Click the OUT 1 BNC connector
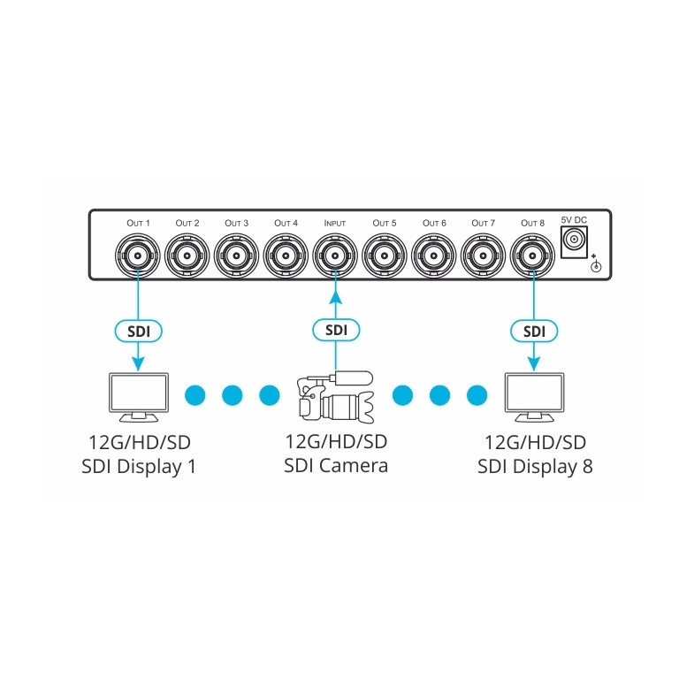click(x=138, y=256)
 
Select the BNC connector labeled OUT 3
click(x=236, y=256)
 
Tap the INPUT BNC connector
click(x=334, y=256)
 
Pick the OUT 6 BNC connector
click(x=432, y=256)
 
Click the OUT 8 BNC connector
click(x=531, y=256)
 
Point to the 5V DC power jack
click(x=576, y=240)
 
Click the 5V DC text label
click(x=575, y=217)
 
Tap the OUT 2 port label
click(x=187, y=223)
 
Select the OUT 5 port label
click(x=384, y=223)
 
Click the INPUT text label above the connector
click(x=334, y=223)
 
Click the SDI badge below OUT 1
click(x=138, y=330)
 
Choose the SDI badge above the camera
click(x=335, y=330)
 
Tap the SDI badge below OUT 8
click(x=532, y=330)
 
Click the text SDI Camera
click(x=336, y=465)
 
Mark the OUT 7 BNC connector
click(x=482, y=256)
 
